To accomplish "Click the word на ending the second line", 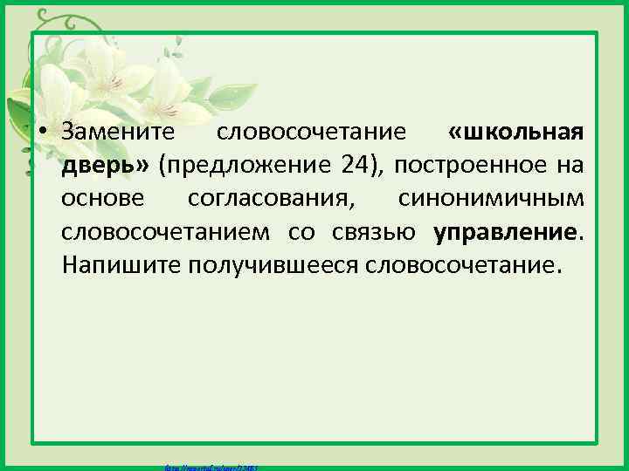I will click(x=573, y=166).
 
